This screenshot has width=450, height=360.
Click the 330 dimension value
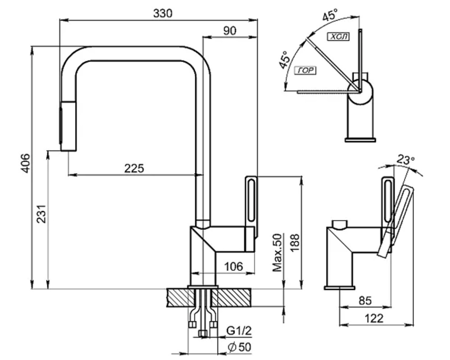(163, 13)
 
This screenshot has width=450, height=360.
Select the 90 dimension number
(230, 31)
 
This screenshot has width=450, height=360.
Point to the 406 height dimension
(26, 163)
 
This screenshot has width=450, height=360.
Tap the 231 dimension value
(41, 214)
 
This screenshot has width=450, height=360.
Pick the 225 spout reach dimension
(134, 168)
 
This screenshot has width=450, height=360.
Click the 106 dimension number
(233, 266)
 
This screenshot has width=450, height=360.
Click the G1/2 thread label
(239, 331)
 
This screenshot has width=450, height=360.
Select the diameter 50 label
(239, 347)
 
